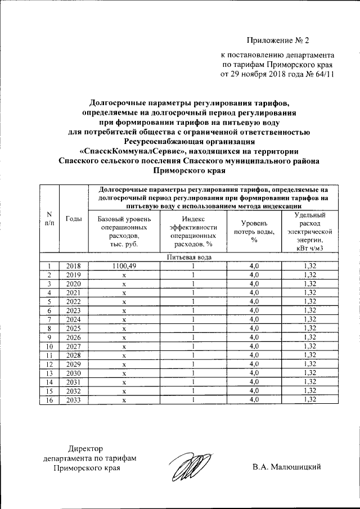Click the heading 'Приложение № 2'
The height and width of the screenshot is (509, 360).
(x=278, y=40)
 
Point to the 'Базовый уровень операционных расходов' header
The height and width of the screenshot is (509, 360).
(x=124, y=232)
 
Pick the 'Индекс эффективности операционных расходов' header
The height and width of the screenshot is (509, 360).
(x=193, y=232)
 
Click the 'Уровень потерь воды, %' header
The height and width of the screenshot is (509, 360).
(x=254, y=232)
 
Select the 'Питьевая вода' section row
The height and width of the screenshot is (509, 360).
(x=189, y=257)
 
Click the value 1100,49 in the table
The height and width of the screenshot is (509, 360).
(x=124, y=266)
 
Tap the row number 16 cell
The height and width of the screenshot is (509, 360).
(x=49, y=399)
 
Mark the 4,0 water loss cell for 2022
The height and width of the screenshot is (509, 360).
(x=254, y=301)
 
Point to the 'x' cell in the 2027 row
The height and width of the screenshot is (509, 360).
(x=124, y=346)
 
